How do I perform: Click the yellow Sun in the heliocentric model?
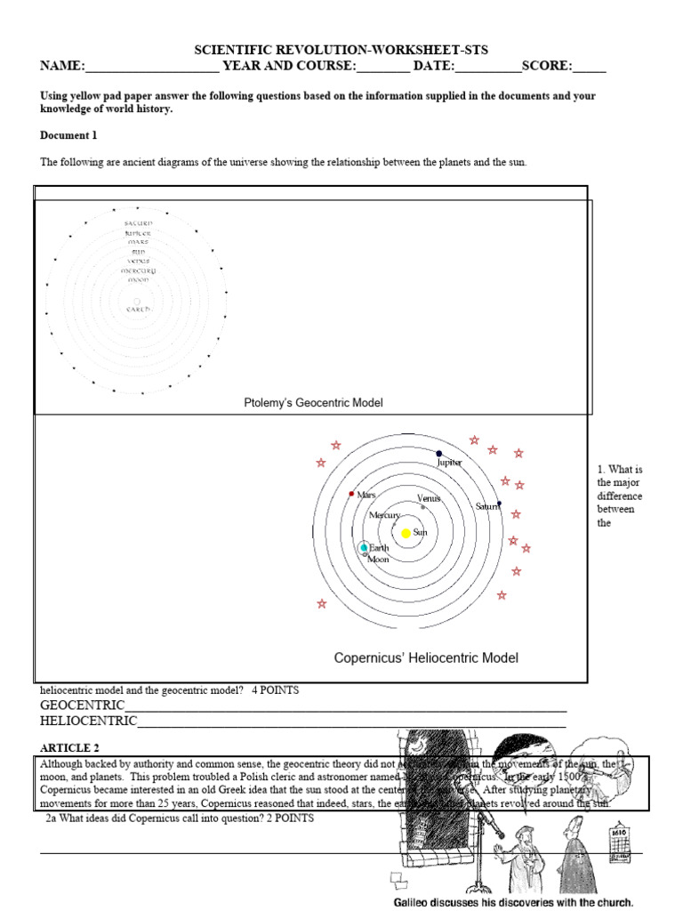pos(406,533)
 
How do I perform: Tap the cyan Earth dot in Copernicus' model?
pos(364,548)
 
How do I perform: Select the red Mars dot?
pos(352,493)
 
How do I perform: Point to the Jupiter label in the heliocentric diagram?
pos(449,463)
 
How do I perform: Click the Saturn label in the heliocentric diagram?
pos(487,506)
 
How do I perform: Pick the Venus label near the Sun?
pos(429,499)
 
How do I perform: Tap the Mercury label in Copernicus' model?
pos(385,515)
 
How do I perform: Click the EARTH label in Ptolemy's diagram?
pos(138,309)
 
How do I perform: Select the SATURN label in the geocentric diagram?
pos(138,222)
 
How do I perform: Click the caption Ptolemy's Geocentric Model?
pos(313,403)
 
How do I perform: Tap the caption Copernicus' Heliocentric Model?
pos(426,658)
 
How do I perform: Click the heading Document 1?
pos(68,135)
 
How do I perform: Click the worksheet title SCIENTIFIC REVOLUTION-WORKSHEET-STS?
pos(341,50)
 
